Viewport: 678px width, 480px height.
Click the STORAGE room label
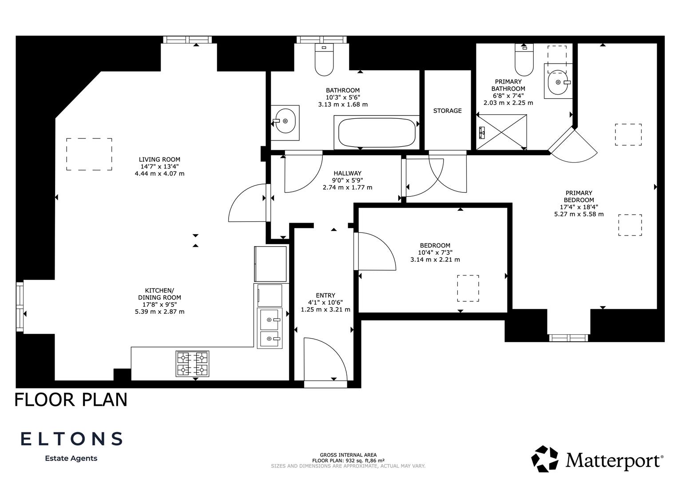(x=447, y=111)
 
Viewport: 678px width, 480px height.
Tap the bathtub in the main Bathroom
(x=377, y=132)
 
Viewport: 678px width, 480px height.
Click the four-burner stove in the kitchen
(x=193, y=364)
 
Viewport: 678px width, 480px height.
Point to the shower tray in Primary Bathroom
(x=502, y=132)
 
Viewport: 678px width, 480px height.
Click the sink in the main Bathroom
(x=285, y=120)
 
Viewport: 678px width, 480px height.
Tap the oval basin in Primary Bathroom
(x=558, y=82)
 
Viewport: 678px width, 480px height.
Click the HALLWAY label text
(x=347, y=173)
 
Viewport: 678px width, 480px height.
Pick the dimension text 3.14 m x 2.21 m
(x=435, y=260)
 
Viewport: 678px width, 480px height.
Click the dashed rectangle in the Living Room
(x=89, y=154)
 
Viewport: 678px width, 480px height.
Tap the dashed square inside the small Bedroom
(x=468, y=288)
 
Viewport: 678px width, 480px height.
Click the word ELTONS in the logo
(x=71, y=439)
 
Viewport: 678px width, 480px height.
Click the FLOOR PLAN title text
(x=71, y=399)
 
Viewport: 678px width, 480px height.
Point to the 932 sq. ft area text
(x=348, y=460)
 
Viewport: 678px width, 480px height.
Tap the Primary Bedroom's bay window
(x=568, y=338)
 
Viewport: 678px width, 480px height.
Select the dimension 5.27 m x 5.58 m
(x=579, y=214)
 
